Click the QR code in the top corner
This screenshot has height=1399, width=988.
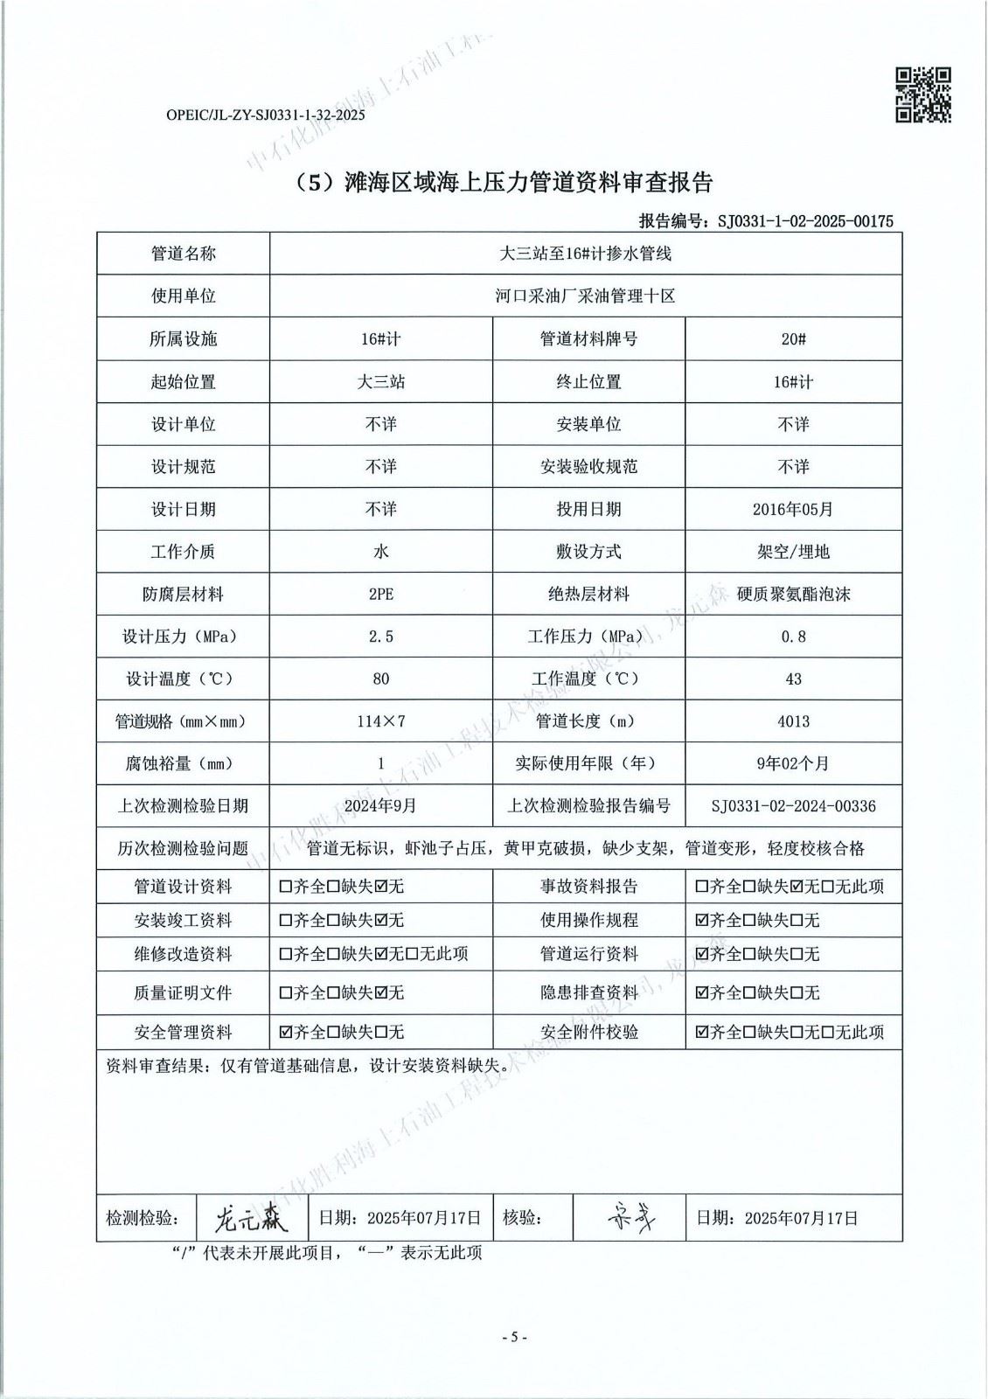point(922,94)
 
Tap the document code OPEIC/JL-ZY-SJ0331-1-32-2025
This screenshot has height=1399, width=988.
point(264,115)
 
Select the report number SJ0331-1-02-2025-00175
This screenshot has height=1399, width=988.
point(804,221)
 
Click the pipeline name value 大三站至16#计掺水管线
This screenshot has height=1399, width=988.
point(585,254)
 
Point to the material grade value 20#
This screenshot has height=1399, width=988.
point(793,339)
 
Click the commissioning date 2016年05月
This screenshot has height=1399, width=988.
point(793,509)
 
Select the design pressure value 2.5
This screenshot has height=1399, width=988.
point(380,637)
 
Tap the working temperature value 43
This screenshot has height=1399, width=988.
point(793,679)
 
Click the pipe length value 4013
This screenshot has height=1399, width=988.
point(793,721)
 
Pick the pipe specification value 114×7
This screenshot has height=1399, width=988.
point(380,721)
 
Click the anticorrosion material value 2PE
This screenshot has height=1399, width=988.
point(380,595)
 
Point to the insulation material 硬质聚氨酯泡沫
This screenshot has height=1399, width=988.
point(793,595)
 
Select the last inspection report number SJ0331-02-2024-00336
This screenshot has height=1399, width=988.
point(793,806)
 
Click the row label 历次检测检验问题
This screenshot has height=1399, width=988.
point(183,848)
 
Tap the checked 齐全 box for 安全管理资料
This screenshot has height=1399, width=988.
point(286,1033)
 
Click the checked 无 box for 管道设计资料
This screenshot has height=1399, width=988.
point(380,887)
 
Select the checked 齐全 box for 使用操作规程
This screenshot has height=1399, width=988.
point(701,921)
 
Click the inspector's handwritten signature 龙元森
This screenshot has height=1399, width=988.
point(249,1217)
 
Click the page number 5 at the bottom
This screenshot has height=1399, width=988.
point(514,1337)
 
